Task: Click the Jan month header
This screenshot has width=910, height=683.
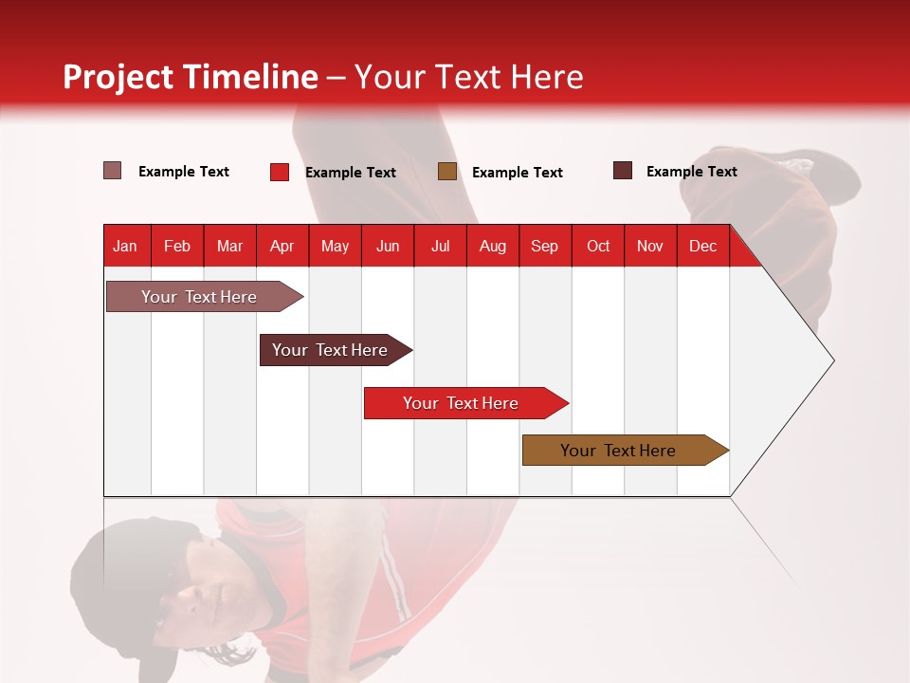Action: [x=125, y=246]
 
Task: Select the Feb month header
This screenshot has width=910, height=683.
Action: [x=177, y=246]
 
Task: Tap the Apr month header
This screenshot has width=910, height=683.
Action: [x=282, y=246]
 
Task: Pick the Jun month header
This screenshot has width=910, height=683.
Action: [x=388, y=246]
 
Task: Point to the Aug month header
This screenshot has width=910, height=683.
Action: [x=492, y=246]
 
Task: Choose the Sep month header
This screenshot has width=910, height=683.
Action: [x=544, y=246]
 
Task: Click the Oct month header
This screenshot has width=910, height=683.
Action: [x=598, y=246]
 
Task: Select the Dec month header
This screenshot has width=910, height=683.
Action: [x=702, y=246]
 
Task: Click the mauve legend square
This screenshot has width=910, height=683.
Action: [x=112, y=171]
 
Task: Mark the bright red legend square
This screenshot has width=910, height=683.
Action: [x=280, y=172]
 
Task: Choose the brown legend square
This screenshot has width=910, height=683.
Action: [x=447, y=172]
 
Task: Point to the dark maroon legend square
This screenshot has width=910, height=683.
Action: [x=622, y=171]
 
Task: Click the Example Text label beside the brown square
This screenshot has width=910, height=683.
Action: [x=517, y=173]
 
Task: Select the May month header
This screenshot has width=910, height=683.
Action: [x=335, y=246]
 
